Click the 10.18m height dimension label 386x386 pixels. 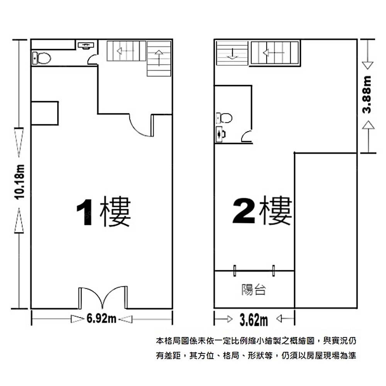tap(19, 182)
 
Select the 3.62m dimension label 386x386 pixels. tap(254, 320)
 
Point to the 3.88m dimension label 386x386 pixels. tap(367, 95)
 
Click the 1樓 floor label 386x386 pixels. tap(103, 211)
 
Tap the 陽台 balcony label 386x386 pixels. tap(254, 290)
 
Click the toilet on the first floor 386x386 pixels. tap(41, 58)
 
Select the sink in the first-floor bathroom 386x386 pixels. tap(86, 46)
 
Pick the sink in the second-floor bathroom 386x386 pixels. tap(220, 134)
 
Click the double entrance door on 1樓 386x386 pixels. tap(103, 297)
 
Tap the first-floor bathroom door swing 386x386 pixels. tap(93, 60)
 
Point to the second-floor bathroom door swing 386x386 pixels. tap(246, 137)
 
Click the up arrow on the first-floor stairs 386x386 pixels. tap(159, 58)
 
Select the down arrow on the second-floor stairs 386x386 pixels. tap(232, 54)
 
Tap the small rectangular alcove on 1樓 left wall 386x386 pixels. tap(45, 113)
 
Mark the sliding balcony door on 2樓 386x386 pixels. tap(254, 271)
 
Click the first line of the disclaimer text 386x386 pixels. tap(256, 341)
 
